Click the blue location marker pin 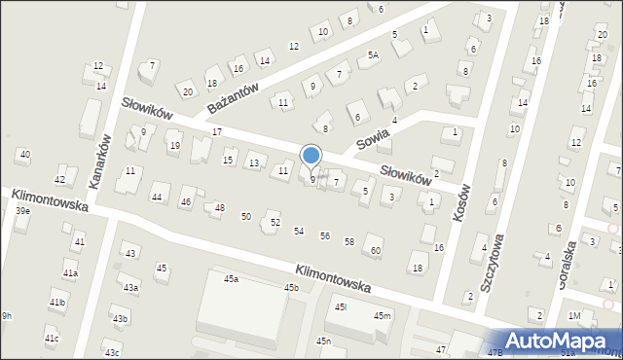tap(311, 157)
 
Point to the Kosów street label tap(462, 204)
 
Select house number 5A tap(373, 56)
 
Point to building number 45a tap(231, 279)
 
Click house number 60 tap(375, 251)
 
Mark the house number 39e tap(22, 211)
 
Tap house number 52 tap(275, 223)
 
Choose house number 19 tap(174, 147)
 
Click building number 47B tap(495, 352)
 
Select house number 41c tap(52, 339)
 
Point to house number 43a tap(130, 288)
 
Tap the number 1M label tap(574, 316)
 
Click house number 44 tap(156, 198)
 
